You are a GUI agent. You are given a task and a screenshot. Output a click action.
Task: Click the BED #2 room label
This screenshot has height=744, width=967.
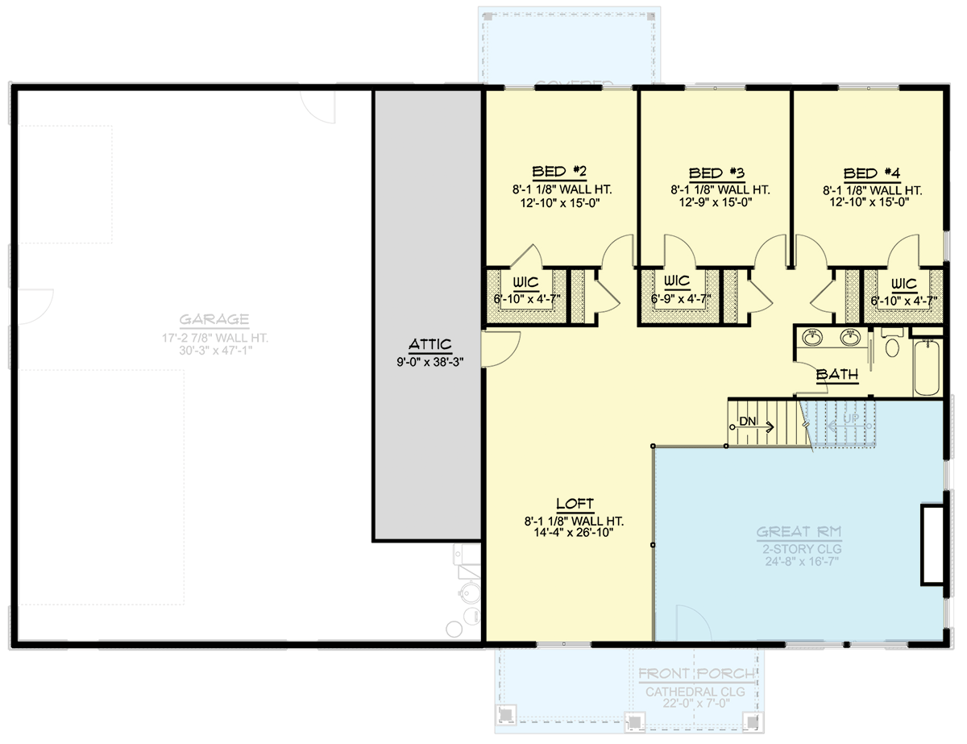click(559, 172)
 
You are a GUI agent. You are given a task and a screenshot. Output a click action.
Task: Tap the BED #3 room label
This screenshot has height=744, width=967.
click(716, 173)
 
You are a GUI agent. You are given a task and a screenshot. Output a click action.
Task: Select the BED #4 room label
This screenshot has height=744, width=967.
click(871, 173)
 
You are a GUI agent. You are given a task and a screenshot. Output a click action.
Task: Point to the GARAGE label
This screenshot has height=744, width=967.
click(214, 319)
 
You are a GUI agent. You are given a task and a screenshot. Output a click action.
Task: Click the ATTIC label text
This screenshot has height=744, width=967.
click(430, 344)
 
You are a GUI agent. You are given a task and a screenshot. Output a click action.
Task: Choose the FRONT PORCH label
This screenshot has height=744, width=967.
click(696, 674)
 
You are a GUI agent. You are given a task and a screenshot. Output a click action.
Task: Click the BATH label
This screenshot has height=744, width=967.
click(837, 375)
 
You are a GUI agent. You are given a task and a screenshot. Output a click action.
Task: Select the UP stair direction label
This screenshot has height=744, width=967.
click(850, 420)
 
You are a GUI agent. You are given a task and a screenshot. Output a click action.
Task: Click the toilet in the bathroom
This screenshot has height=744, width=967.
click(891, 347)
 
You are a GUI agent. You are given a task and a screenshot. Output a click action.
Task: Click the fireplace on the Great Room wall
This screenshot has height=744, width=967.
click(932, 544)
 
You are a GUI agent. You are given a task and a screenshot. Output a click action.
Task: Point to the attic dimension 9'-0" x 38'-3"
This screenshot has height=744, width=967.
click(430, 361)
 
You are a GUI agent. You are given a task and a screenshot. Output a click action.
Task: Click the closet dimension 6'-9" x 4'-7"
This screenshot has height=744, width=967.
click(677, 299)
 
